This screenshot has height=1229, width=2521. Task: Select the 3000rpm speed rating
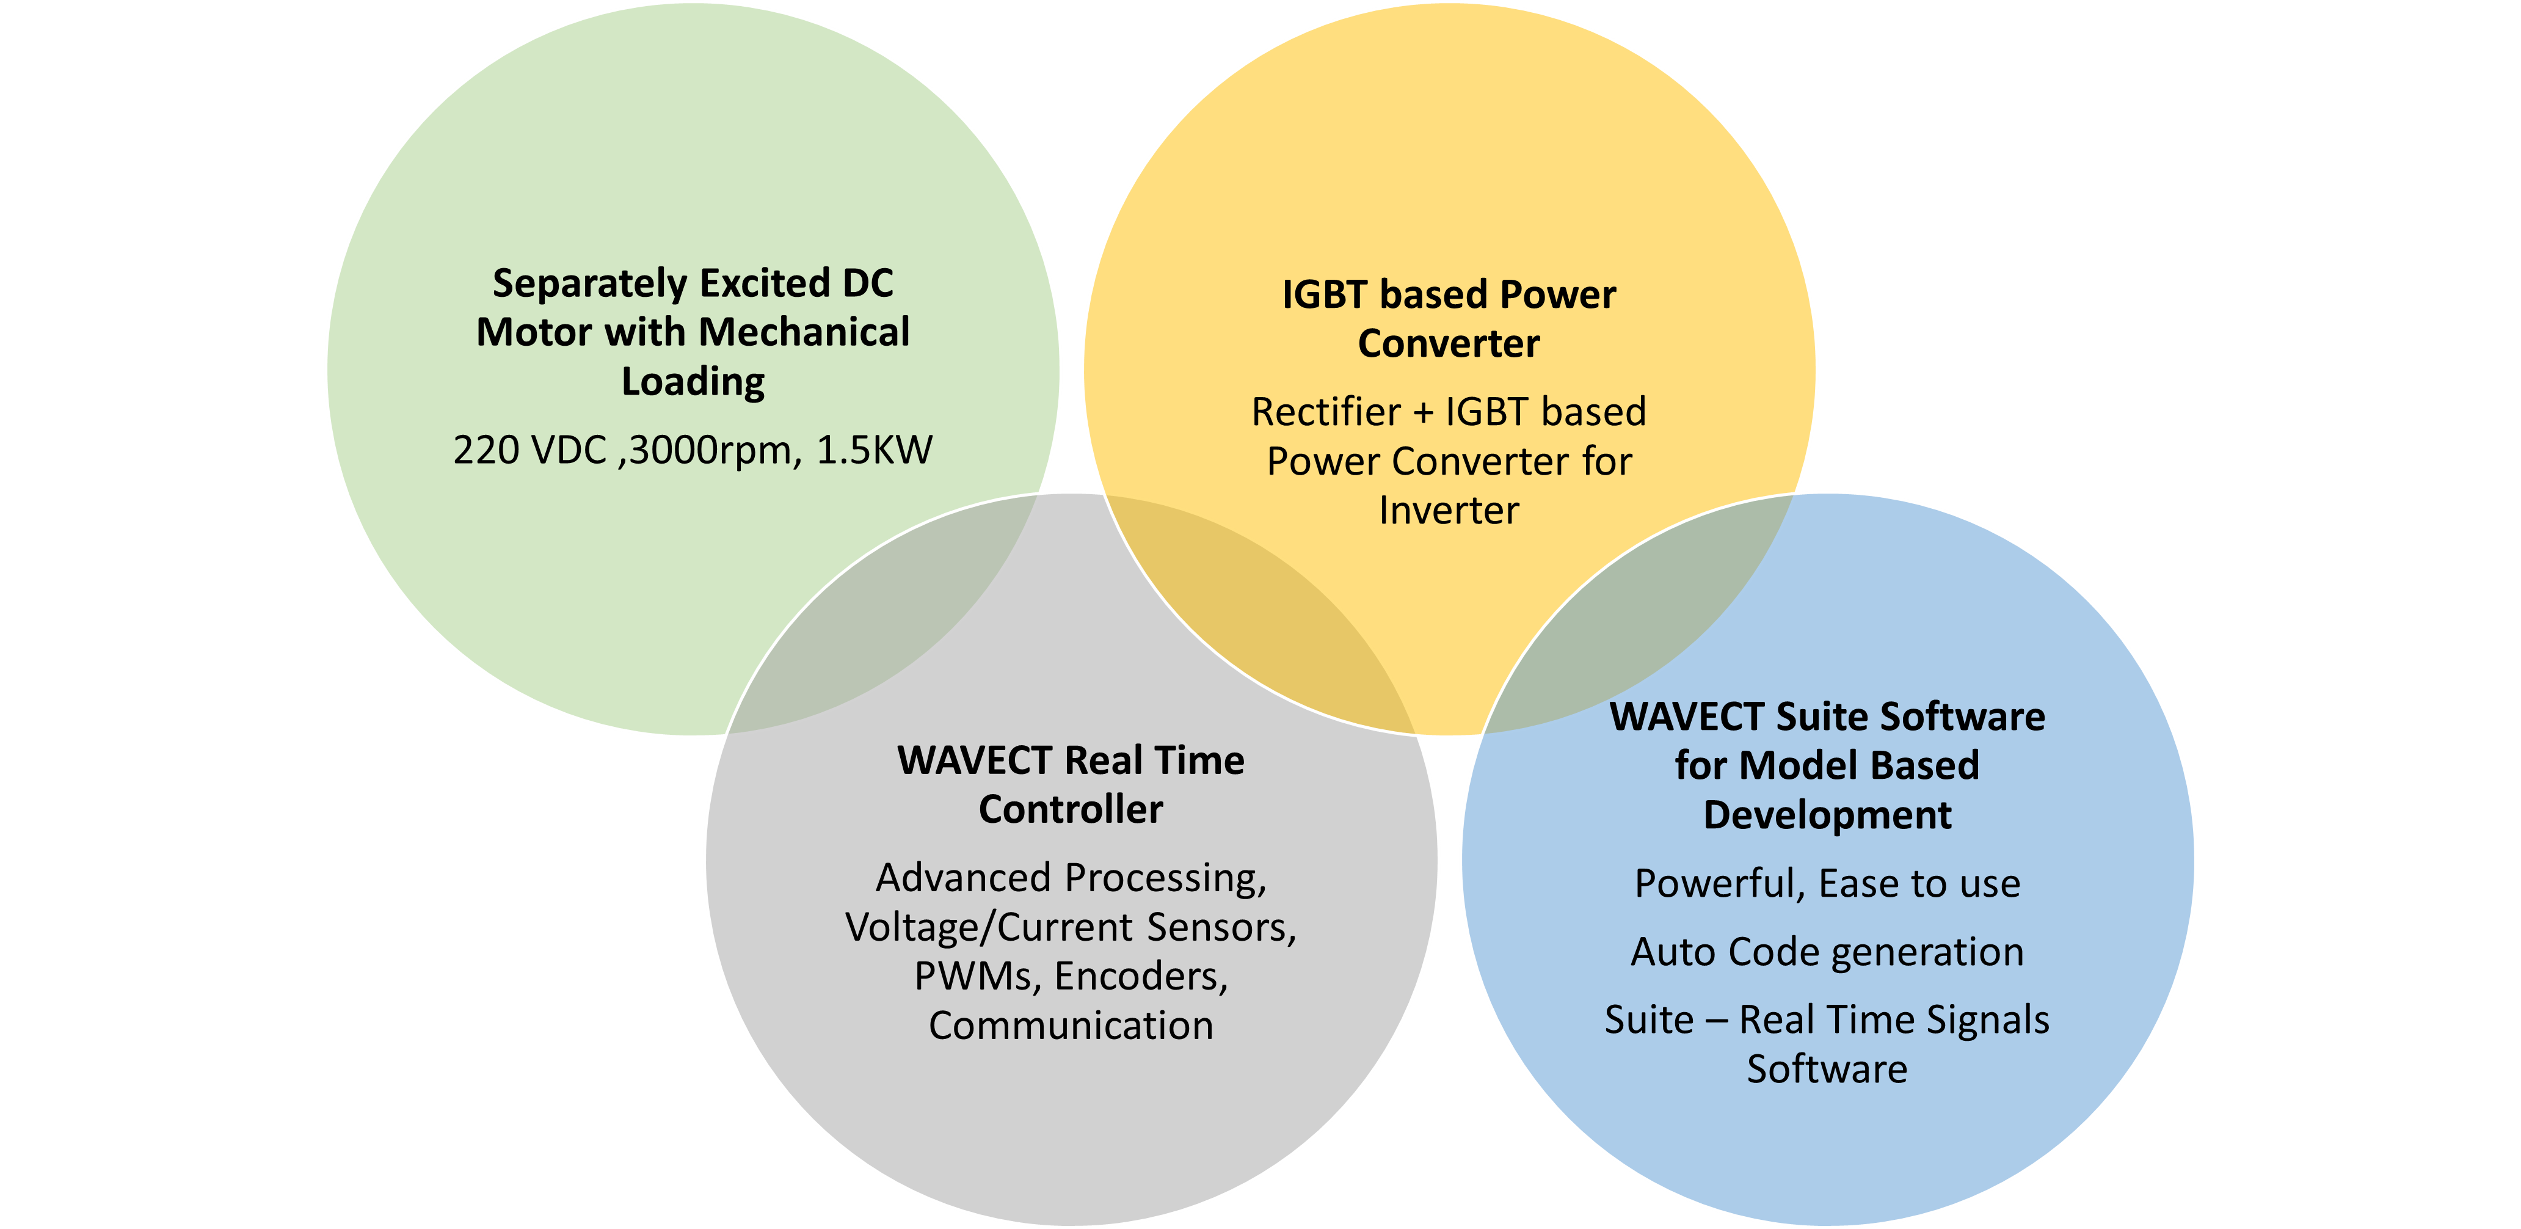[x=710, y=451]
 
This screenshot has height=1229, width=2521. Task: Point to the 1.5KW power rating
[x=874, y=451]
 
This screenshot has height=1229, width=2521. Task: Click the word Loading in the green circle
[x=693, y=382]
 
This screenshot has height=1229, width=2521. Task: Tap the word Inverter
[x=1449, y=511]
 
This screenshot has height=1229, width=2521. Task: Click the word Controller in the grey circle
[x=1071, y=810]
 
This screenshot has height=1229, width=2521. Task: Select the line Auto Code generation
[x=1827, y=952]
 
